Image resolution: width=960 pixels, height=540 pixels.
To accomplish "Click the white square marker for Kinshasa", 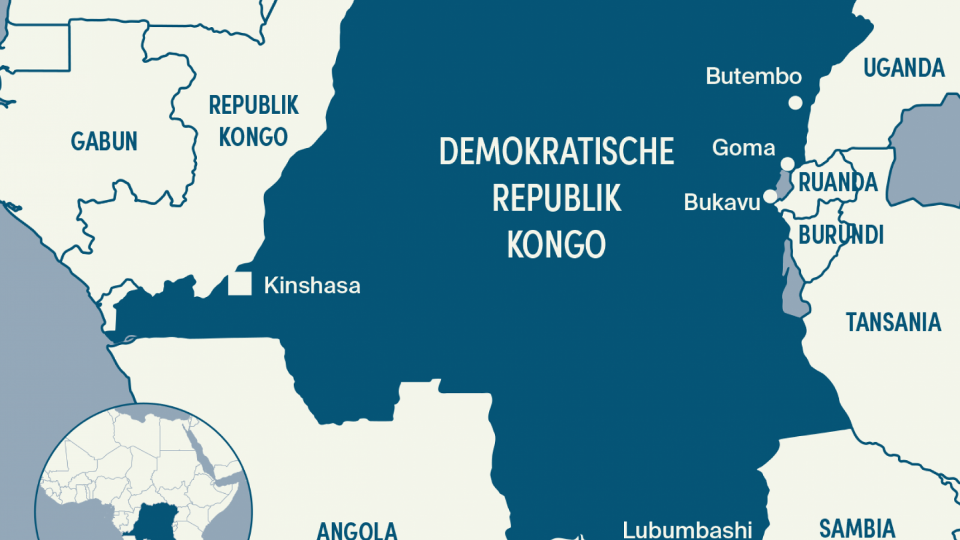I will tap(239, 284).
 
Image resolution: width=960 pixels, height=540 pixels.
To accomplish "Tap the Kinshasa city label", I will tap(312, 286).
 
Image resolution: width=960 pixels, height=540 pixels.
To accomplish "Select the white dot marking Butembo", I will tap(795, 103).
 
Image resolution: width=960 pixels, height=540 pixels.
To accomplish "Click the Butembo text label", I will tap(754, 76).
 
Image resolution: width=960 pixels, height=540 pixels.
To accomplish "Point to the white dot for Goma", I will tap(788, 164).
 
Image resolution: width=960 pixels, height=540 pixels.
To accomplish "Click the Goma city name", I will tap(743, 148).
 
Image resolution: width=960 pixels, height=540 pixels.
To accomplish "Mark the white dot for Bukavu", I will tap(770, 196).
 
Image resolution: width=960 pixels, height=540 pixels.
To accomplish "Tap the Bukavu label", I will tap(722, 202).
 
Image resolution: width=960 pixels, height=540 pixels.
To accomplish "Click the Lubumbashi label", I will tap(687, 530).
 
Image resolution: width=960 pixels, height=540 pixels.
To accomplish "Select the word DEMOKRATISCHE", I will tap(556, 151).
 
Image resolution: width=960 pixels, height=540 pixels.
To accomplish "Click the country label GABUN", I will tap(104, 142).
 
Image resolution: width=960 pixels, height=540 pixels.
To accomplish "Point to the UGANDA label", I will tap(904, 68).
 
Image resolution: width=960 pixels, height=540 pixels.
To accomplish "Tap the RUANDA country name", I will tap(838, 182).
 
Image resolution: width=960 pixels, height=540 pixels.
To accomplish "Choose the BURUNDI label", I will tap(841, 235).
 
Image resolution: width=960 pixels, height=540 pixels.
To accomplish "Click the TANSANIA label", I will tap(893, 322).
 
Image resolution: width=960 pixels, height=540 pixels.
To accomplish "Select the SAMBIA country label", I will tap(857, 528).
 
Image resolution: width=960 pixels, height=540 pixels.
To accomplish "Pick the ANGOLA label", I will tap(356, 530).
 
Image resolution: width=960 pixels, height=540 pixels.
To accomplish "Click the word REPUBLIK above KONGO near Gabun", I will tap(253, 106).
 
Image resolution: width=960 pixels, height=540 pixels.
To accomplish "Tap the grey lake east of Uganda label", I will tap(924, 156).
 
